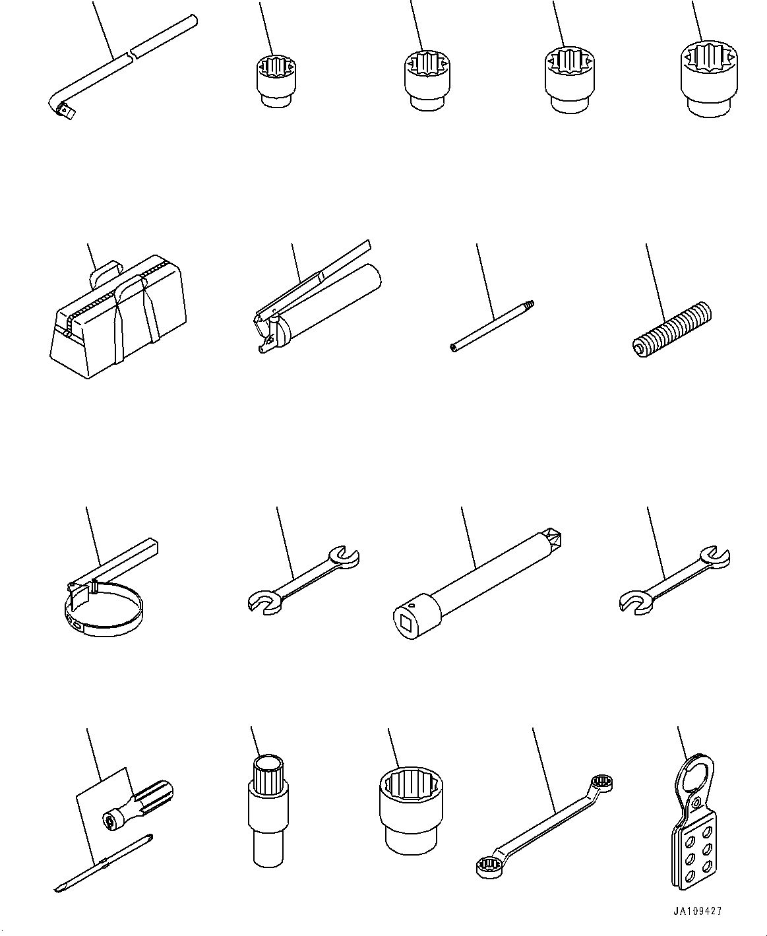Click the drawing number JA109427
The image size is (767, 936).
point(698,911)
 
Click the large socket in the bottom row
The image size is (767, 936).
point(410,808)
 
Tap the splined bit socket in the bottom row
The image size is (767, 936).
point(268,808)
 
